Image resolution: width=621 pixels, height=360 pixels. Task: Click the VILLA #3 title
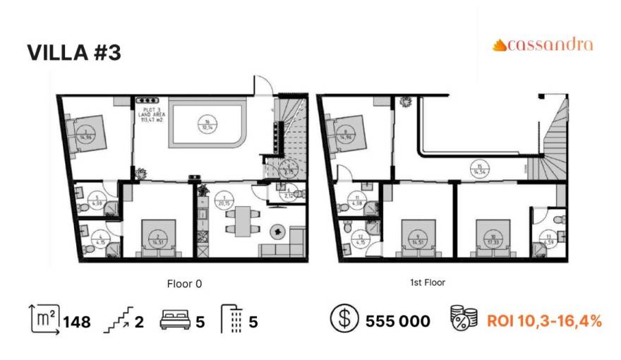click(x=74, y=53)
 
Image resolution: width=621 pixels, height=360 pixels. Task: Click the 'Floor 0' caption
click(x=184, y=284)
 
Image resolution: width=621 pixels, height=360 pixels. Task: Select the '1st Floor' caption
click(x=427, y=282)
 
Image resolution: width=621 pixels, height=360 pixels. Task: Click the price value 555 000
click(x=398, y=322)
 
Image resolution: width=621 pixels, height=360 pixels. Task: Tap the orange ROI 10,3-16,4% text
click(x=544, y=322)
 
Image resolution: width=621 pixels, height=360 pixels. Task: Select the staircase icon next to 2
click(x=117, y=322)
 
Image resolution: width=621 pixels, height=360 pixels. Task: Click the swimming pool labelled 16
click(x=207, y=124)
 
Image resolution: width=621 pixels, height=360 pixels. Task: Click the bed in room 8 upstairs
click(x=346, y=131)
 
